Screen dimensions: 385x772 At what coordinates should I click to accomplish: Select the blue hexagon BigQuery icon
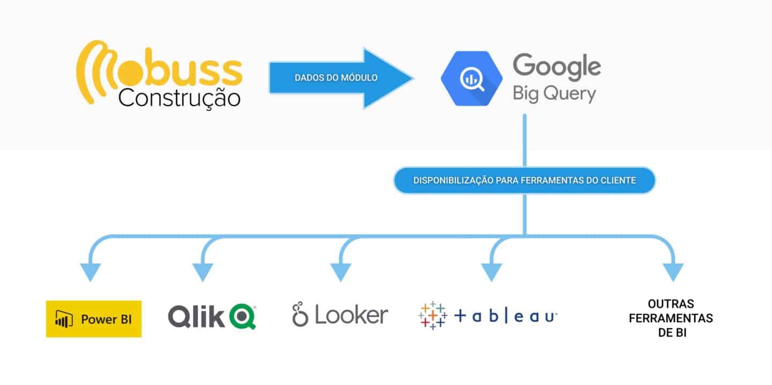click(471, 78)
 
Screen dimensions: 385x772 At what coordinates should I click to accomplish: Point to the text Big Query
click(554, 93)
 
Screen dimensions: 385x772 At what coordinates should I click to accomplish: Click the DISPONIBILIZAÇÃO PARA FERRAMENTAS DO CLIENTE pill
click(524, 180)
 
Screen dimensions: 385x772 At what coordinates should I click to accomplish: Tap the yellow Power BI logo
click(94, 319)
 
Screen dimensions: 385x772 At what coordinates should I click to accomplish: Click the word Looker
click(351, 315)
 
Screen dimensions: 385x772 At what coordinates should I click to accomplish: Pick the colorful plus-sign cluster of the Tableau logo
click(432, 316)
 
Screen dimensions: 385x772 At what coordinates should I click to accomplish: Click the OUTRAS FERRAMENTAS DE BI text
click(671, 318)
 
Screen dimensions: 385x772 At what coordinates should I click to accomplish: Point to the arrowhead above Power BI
click(90, 271)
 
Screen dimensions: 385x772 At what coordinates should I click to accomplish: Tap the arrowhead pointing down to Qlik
click(203, 271)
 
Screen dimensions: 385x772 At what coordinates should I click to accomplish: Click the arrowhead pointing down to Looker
click(341, 271)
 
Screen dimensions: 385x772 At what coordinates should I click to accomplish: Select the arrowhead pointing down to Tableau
click(491, 271)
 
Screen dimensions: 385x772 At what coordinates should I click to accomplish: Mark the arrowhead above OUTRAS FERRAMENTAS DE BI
click(673, 271)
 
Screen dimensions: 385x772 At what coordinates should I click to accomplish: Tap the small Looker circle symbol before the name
click(300, 315)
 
